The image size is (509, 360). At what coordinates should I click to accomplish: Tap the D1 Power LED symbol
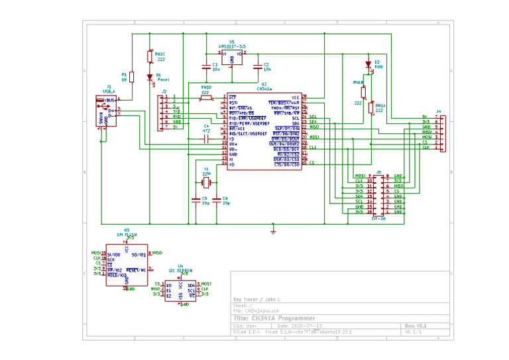pos(150,77)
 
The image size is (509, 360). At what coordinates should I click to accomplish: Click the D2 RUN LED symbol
pos(368,65)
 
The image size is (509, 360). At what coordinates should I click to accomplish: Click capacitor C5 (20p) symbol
pos(195,198)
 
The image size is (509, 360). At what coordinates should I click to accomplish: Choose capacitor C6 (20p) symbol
pos(218,198)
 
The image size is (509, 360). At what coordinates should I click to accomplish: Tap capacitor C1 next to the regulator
pos(206,66)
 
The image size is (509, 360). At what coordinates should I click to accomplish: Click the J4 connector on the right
pos(442,132)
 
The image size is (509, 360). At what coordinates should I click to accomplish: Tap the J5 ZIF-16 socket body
pos(378,194)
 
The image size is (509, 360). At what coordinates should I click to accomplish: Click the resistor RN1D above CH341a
pos(205,98)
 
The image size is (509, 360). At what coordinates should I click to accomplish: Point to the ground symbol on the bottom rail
pos(273,231)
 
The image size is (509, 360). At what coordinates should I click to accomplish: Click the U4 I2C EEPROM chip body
pos(180,290)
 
